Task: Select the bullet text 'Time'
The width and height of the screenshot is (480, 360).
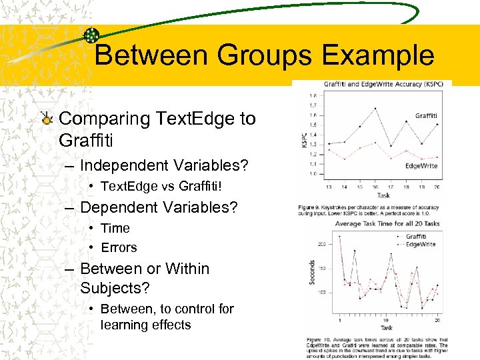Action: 115,228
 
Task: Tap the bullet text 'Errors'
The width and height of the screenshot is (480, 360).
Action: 119,247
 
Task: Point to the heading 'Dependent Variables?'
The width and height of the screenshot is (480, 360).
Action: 158,207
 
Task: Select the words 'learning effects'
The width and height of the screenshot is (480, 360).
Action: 145,325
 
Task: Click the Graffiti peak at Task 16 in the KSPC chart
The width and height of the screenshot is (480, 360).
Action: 375,108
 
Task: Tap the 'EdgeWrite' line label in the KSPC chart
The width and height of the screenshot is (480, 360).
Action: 421,165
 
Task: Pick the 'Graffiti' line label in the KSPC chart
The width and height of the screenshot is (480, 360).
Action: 426,116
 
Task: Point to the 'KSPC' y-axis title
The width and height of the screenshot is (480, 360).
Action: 304,139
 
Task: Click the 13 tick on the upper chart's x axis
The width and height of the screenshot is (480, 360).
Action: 329,187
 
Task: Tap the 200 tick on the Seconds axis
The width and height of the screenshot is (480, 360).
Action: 322,245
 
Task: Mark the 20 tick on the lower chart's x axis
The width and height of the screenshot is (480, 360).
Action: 437,320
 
